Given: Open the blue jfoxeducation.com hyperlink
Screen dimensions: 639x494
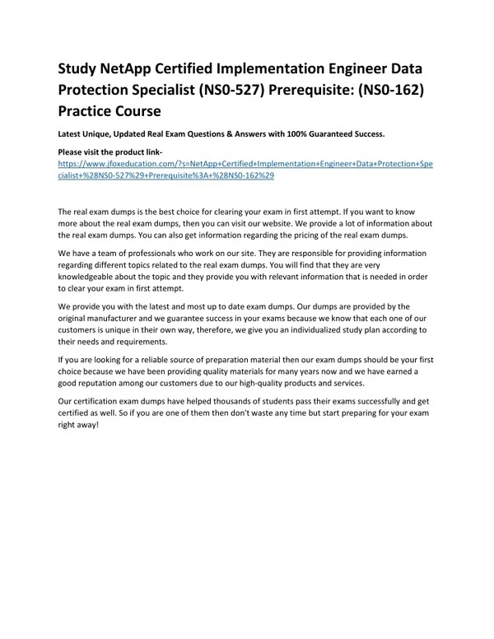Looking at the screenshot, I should point(246,165).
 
